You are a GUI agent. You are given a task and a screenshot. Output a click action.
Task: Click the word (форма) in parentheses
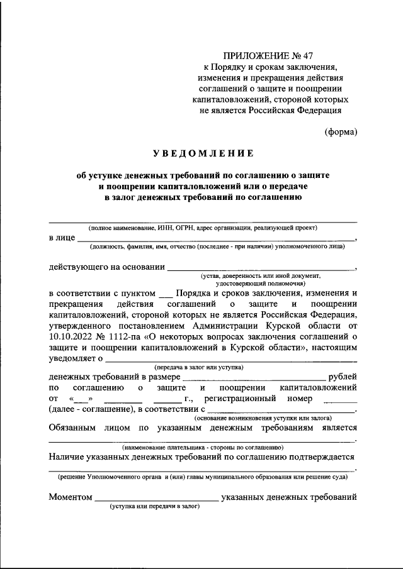pos(341,131)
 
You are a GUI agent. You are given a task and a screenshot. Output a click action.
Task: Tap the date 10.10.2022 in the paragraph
pos(72,337)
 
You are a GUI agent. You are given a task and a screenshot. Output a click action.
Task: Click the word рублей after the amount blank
pos(343,377)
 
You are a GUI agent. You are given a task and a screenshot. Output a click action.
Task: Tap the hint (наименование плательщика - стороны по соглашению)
pos(203,447)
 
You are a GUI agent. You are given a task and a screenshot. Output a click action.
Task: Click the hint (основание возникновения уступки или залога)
pos(264,417)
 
